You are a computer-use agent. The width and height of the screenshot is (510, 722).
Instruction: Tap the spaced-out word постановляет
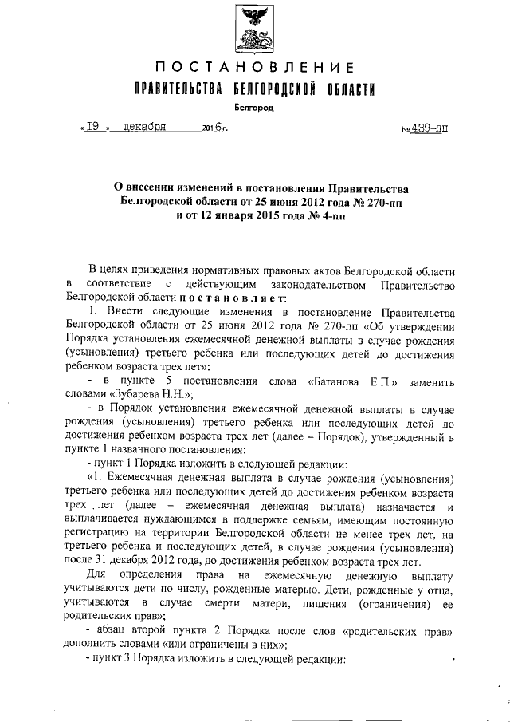[209, 297]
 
